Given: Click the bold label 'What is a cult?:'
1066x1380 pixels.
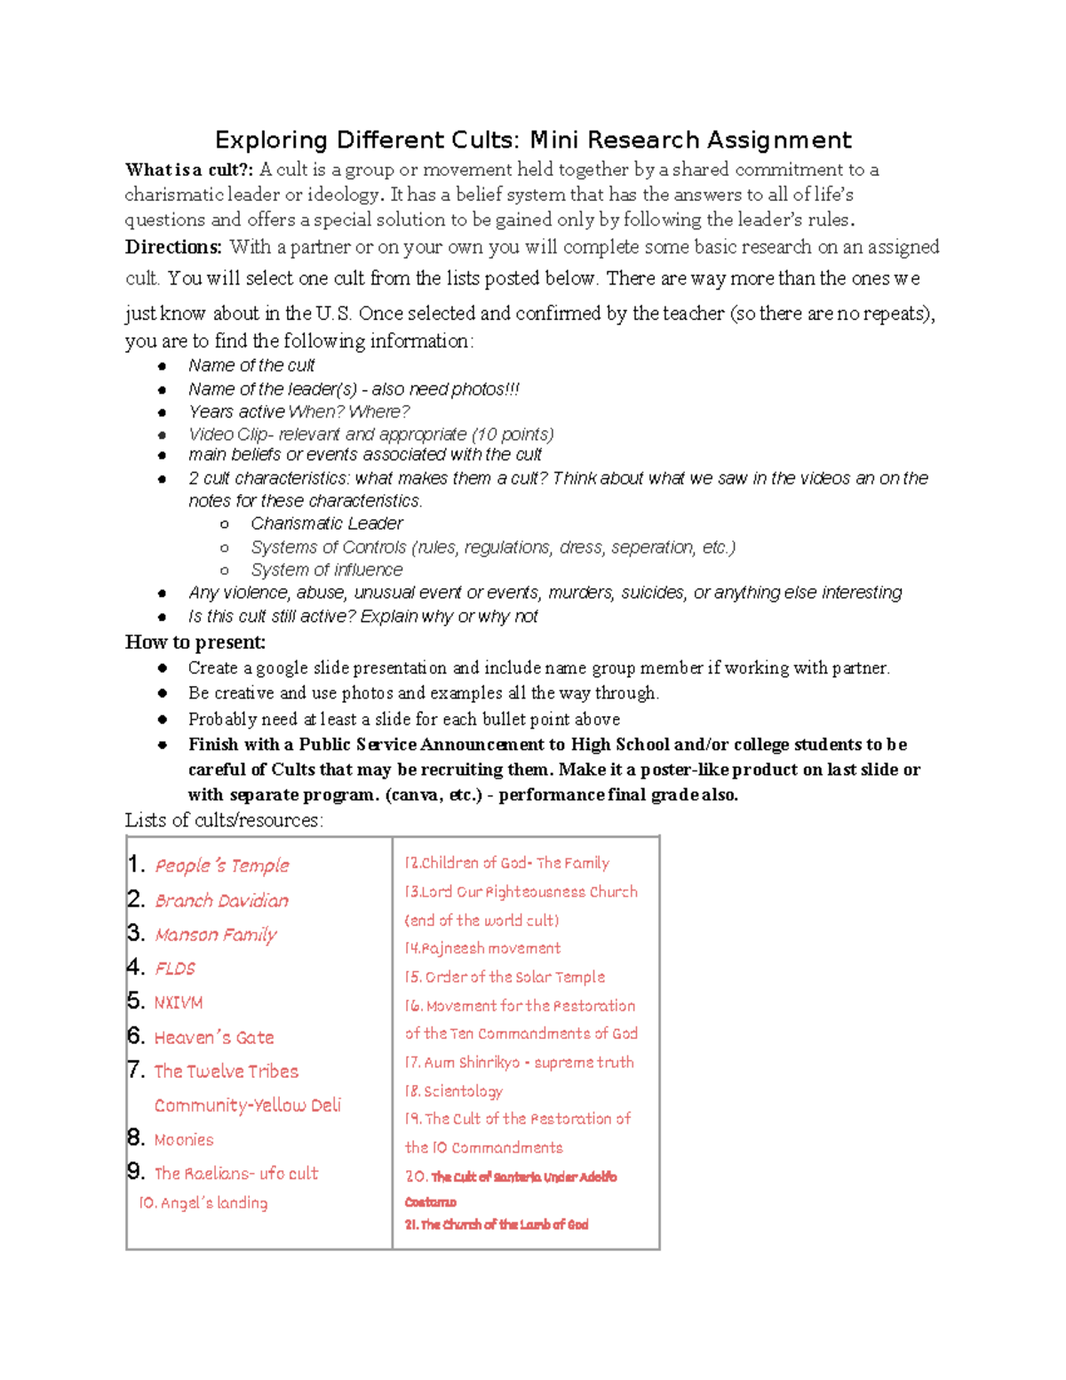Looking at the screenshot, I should click(x=189, y=170).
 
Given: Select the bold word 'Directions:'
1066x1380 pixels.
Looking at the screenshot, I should click(x=173, y=247).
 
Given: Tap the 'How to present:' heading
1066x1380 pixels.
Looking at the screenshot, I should click(x=195, y=642).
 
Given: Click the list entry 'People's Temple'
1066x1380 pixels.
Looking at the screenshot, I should click(x=222, y=865).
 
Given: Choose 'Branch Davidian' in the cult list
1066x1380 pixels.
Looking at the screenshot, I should click(x=222, y=900).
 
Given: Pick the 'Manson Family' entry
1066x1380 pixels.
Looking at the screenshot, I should click(x=216, y=935).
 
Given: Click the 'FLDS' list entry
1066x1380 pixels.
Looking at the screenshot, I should click(x=175, y=969).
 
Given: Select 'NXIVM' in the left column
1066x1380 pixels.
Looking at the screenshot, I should click(x=179, y=1002).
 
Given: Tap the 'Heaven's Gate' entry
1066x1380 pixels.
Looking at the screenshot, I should click(x=214, y=1037).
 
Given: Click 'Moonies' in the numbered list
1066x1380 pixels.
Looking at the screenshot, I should click(x=184, y=1139).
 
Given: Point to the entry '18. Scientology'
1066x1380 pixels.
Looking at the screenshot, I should click(x=454, y=1090).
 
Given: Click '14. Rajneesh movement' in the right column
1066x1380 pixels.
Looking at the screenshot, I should click(x=482, y=948).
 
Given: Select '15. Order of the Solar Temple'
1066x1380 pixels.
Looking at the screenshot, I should click(x=505, y=977).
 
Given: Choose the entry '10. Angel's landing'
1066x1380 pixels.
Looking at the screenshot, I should click(x=203, y=1202).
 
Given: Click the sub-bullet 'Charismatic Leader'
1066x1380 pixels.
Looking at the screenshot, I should click(x=327, y=523).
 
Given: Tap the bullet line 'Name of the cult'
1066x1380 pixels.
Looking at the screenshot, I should click(x=251, y=365).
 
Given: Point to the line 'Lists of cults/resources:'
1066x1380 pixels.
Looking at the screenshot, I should click(x=224, y=820).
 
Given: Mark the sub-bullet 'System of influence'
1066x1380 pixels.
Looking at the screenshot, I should click(x=327, y=570).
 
